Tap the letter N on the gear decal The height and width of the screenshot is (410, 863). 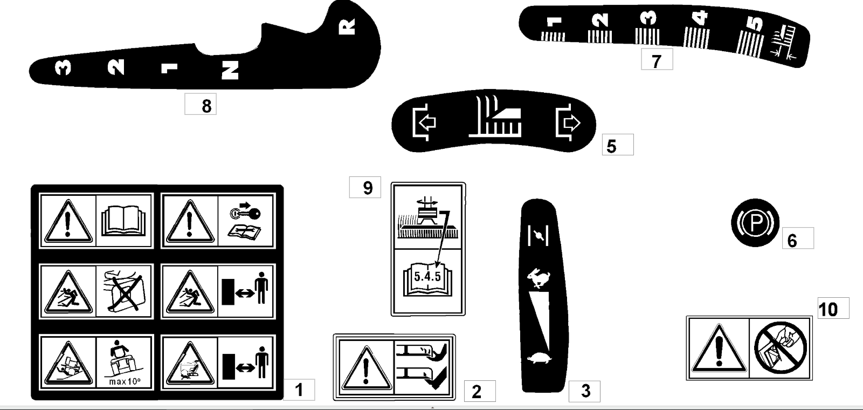pos(230,70)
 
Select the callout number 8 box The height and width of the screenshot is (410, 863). pos(201,105)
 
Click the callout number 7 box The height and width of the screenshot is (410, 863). pos(657,60)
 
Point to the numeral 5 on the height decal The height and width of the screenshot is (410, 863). pos(756,24)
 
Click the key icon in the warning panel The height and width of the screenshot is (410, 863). pos(246,213)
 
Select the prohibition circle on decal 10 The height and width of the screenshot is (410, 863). pos(780,347)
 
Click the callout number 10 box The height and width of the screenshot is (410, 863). pos(833,309)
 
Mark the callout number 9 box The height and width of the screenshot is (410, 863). pos(365,188)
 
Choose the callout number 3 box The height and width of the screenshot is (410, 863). pos(584,391)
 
